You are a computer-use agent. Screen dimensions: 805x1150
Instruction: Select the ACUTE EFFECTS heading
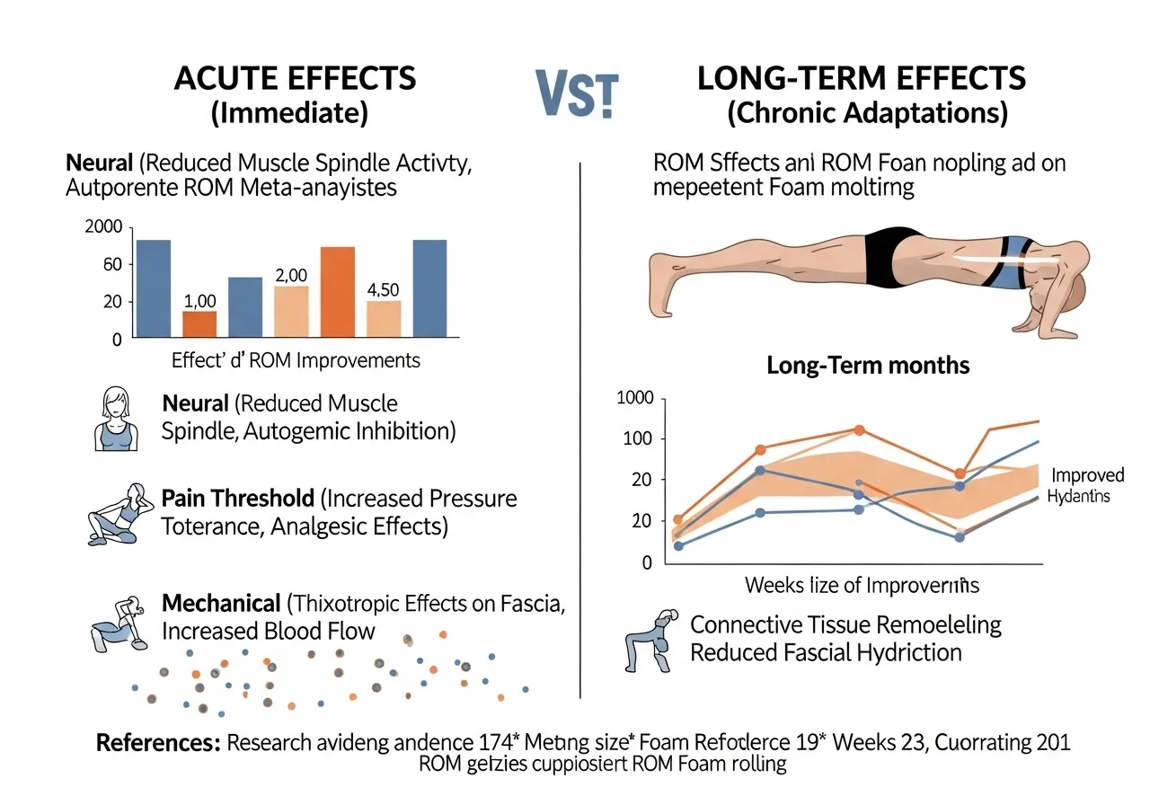point(296,78)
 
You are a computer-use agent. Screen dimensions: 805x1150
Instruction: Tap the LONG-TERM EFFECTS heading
point(862,78)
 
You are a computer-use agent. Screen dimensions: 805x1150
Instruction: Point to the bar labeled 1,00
point(199,323)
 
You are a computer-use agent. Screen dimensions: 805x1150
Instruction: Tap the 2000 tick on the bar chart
point(102,227)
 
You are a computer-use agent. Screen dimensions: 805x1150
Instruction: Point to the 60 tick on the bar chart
point(110,265)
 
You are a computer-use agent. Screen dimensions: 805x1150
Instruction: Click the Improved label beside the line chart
point(1087,475)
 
